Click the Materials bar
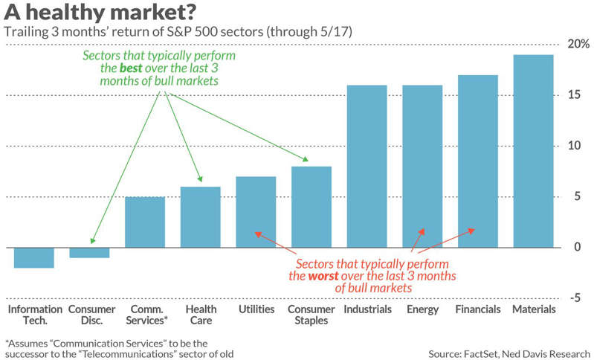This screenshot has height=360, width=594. tap(533, 151)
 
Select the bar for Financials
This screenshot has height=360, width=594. tap(478, 161)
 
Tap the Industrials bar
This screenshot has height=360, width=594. tap(367, 167)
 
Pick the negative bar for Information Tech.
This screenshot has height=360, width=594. tap(34, 257)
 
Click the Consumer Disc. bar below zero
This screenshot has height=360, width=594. tap(89, 253)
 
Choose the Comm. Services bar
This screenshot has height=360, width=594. tap(145, 222)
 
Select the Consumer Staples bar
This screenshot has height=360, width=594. tap(311, 208)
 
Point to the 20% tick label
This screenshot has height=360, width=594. tap(578, 44)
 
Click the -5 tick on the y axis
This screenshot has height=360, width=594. tap(575, 298)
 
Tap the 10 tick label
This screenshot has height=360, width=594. tap(575, 146)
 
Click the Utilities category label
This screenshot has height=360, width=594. tap(256, 309)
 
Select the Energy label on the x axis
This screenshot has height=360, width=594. tap(422, 309)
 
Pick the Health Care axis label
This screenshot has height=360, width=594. tap(201, 315)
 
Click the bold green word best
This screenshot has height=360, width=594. tap(131, 68)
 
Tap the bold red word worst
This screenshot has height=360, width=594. tap(323, 276)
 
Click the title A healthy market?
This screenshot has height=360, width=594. tap(100, 12)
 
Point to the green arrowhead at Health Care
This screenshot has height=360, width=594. tap(200, 179)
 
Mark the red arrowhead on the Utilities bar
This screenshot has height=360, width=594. tap(258, 234)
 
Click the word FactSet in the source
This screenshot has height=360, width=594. tap(480, 354)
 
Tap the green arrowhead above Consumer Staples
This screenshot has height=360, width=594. tap(305, 159)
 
